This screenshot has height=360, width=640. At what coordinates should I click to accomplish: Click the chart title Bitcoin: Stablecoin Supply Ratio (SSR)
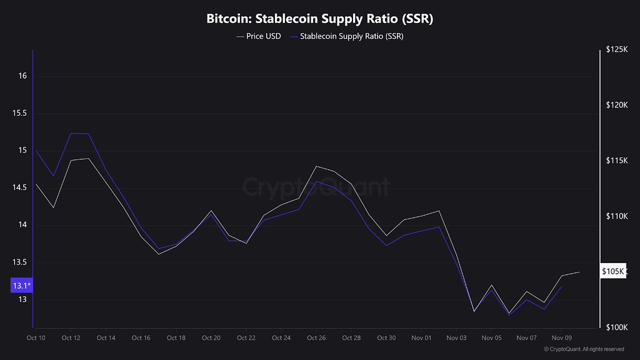(320, 19)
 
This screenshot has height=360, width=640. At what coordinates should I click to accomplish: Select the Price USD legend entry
(259, 36)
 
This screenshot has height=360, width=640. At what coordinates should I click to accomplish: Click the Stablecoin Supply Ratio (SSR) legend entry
(347, 36)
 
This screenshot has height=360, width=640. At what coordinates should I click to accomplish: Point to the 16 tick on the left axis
(23, 76)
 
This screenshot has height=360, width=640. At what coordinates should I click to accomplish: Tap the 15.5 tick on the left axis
(20, 114)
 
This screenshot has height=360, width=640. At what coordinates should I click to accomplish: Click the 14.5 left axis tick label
(20, 188)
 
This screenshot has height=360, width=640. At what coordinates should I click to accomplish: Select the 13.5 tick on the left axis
(20, 262)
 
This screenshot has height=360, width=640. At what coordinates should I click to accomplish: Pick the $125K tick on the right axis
(616, 50)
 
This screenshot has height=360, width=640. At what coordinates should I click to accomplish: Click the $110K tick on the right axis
(616, 216)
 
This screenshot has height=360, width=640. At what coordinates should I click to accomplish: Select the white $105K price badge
(612, 272)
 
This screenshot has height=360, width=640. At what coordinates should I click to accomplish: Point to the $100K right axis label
(616, 327)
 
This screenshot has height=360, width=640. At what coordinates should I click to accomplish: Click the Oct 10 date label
(36, 338)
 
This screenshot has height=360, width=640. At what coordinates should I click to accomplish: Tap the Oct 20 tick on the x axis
(211, 338)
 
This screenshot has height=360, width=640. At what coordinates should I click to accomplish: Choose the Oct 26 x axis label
(316, 338)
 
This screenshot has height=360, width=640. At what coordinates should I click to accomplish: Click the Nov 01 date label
(422, 338)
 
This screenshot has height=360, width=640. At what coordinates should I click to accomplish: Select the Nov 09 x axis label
(562, 338)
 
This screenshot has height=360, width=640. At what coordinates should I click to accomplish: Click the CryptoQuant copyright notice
(584, 349)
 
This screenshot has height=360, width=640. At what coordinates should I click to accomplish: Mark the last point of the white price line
(579, 272)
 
